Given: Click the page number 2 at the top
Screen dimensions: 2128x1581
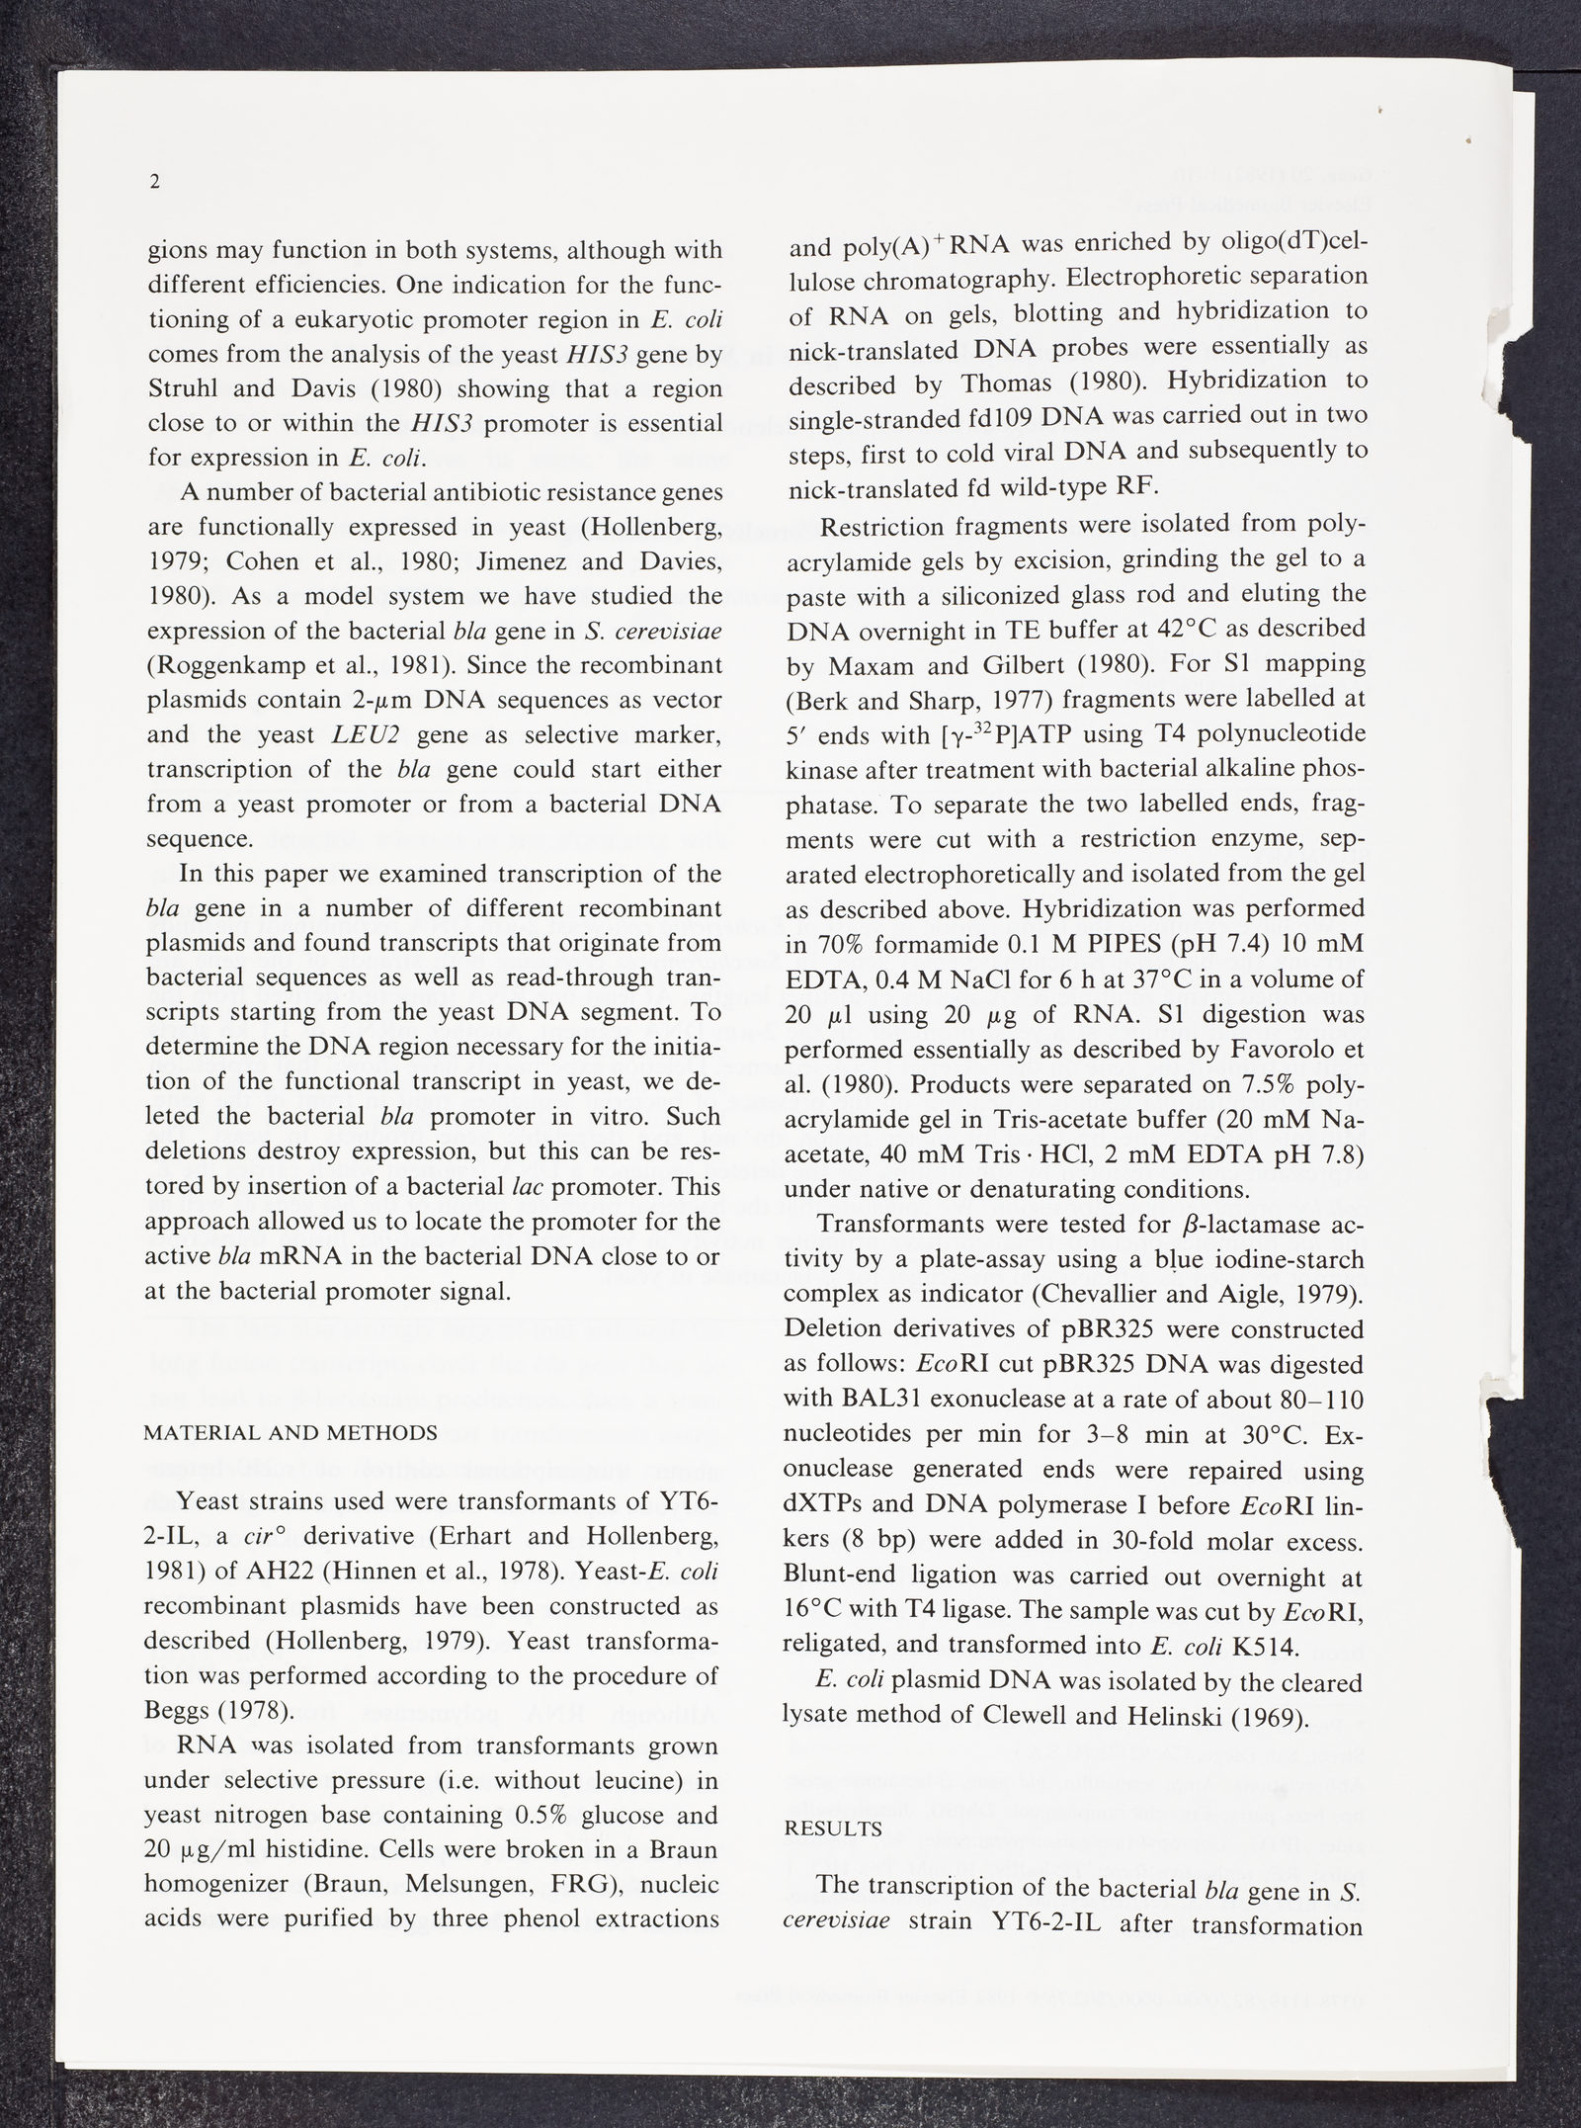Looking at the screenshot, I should (x=154, y=182).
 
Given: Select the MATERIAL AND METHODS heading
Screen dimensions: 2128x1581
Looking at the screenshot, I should (x=291, y=1433).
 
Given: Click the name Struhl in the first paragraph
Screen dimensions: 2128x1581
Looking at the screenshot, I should (x=184, y=388).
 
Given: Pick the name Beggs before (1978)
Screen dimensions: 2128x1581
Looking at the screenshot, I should (x=178, y=1711).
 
